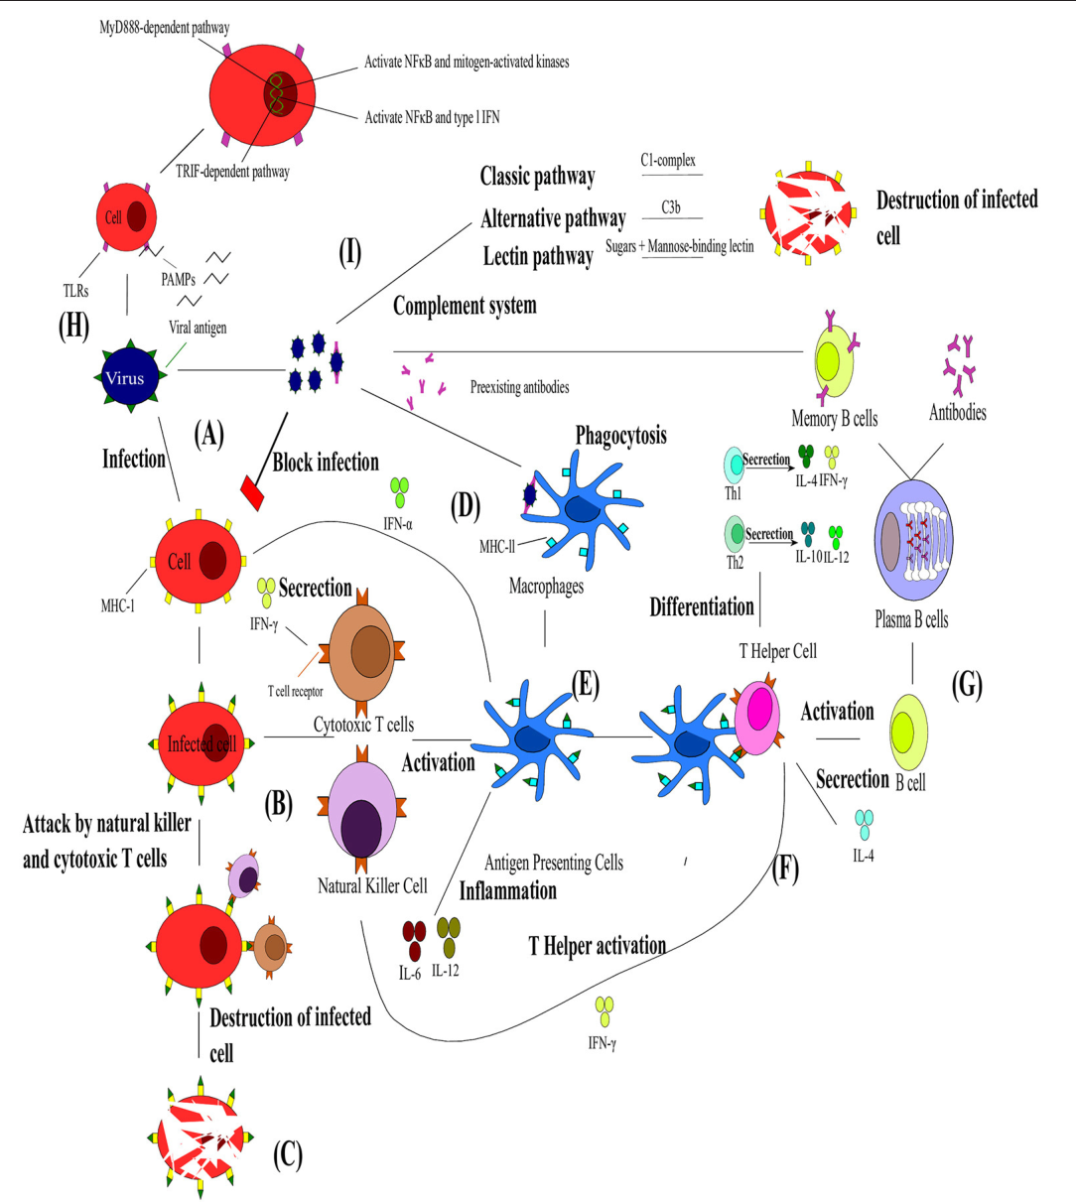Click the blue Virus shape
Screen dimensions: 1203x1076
tap(125, 377)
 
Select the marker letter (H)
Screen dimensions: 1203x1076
tap(73, 327)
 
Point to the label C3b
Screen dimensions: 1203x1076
tap(671, 207)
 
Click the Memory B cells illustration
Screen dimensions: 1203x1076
tap(833, 363)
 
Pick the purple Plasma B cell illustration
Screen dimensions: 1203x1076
tap(913, 541)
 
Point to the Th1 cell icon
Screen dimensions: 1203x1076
tap(734, 464)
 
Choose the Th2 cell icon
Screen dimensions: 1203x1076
tap(736, 534)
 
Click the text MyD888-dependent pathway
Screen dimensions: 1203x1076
tap(164, 28)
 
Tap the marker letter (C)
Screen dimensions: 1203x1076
tap(287, 1154)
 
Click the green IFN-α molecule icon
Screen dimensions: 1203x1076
tap(399, 491)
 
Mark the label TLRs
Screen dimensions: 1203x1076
tap(75, 291)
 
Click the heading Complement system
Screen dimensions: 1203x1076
tap(465, 306)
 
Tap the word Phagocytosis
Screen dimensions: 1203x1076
tap(620, 436)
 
